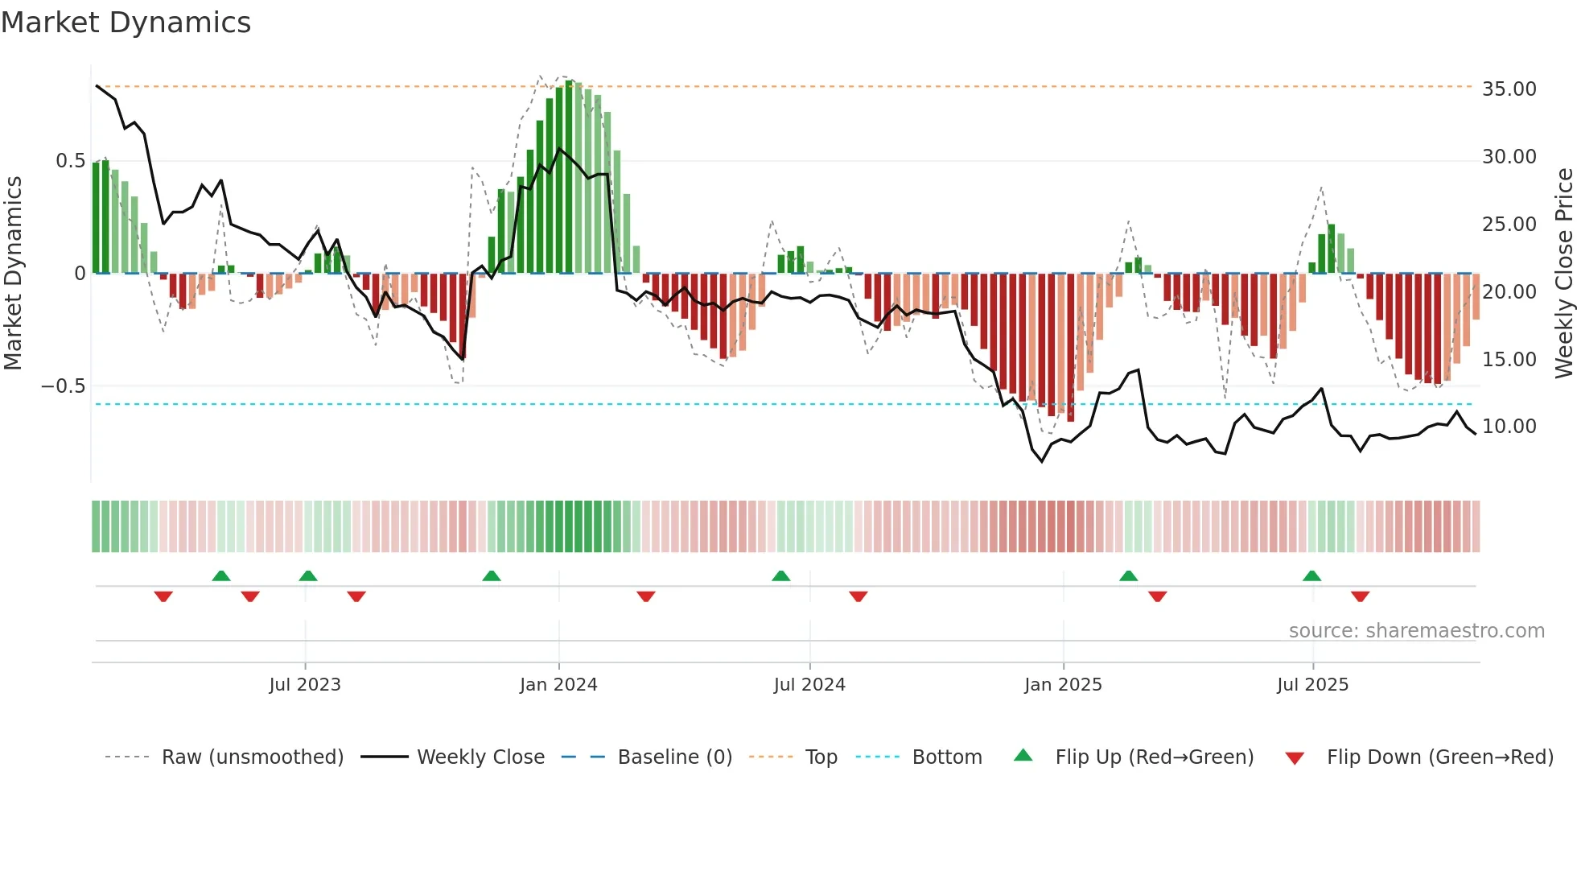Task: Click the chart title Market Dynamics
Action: (x=126, y=23)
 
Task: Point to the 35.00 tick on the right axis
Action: (x=1509, y=89)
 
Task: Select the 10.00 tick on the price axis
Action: (x=1509, y=426)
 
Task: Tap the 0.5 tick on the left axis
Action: (x=71, y=160)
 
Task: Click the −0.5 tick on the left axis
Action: (x=64, y=386)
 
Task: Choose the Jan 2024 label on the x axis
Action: (x=558, y=684)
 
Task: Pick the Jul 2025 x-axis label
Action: (x=1312, y=684)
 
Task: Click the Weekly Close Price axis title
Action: (x=1563, y=272)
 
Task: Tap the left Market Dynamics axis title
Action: (x=13, y=272)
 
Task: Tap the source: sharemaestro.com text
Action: (x=1416, y=630)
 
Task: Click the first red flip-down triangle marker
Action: (x=163, y=596)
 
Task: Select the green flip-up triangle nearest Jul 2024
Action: (x=780, y=576)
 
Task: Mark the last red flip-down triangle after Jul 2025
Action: (x=1360, y=596)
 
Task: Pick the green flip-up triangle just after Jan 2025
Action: (x=1128, y=576)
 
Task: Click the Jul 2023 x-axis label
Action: (x=305, y=684)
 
